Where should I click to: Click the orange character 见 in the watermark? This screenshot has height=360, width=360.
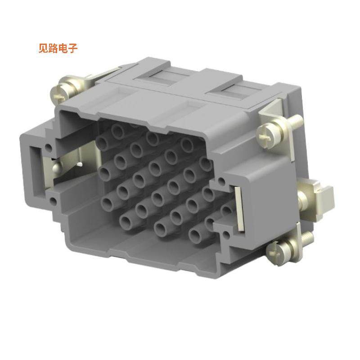(44, 48)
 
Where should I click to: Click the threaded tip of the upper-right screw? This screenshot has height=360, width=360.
(297, 120)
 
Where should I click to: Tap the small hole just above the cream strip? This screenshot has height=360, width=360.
(221, 181)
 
